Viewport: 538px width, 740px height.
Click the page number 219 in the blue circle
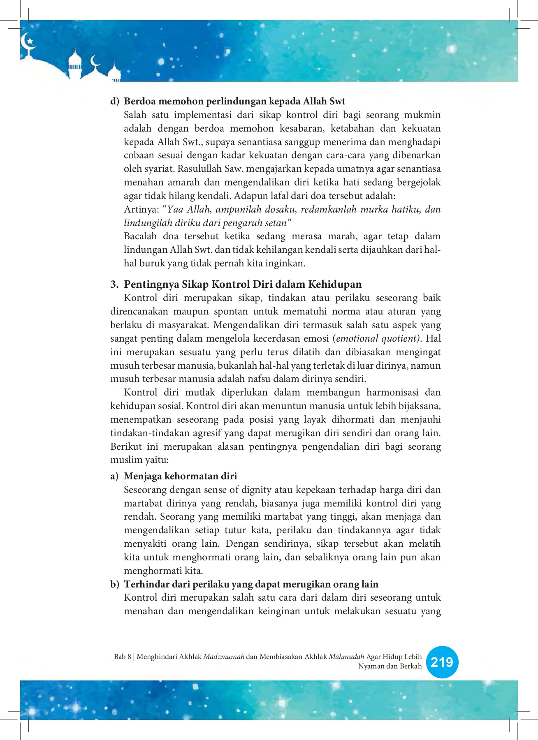point(442,662)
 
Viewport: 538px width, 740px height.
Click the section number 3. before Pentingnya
point(114,284)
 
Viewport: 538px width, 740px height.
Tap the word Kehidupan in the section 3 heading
point(335,284)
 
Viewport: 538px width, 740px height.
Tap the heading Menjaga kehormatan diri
point(180,476)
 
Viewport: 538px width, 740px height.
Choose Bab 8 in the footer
point(122,657)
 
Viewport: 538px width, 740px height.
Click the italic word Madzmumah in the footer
point(224,657)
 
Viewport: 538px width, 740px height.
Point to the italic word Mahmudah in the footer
point(346,657)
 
